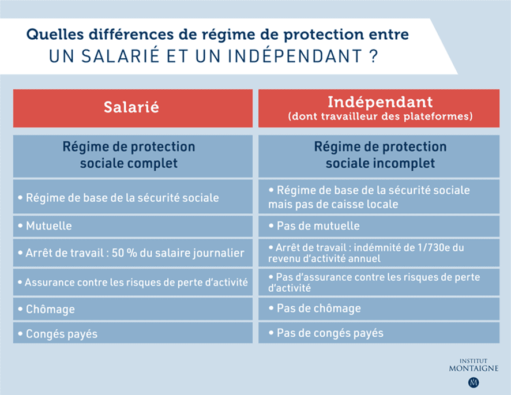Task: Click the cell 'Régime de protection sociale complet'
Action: (x=132, y=155)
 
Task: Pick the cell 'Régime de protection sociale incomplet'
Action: (x=380, y=155)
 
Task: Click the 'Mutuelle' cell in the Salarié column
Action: (x=132, y=226)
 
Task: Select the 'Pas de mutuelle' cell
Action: (x=380, y=226)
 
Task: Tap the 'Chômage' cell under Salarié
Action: (x=132, y=309)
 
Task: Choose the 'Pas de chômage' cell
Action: (x=380, y=309)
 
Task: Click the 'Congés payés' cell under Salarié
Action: (x=132, y=333)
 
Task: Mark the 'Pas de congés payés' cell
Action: (x=380, y=333)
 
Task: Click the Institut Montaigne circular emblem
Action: (x=474, y=382)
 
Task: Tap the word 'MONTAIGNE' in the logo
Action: (x=474, y=368)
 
